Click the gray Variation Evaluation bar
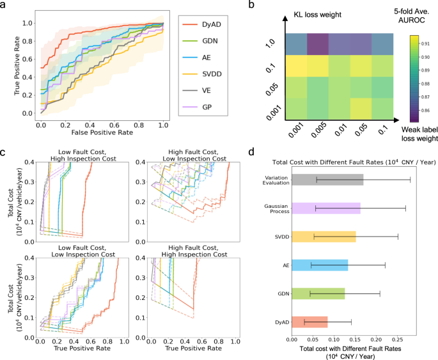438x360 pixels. [327, 188]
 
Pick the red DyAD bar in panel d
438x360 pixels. [309, 322]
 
